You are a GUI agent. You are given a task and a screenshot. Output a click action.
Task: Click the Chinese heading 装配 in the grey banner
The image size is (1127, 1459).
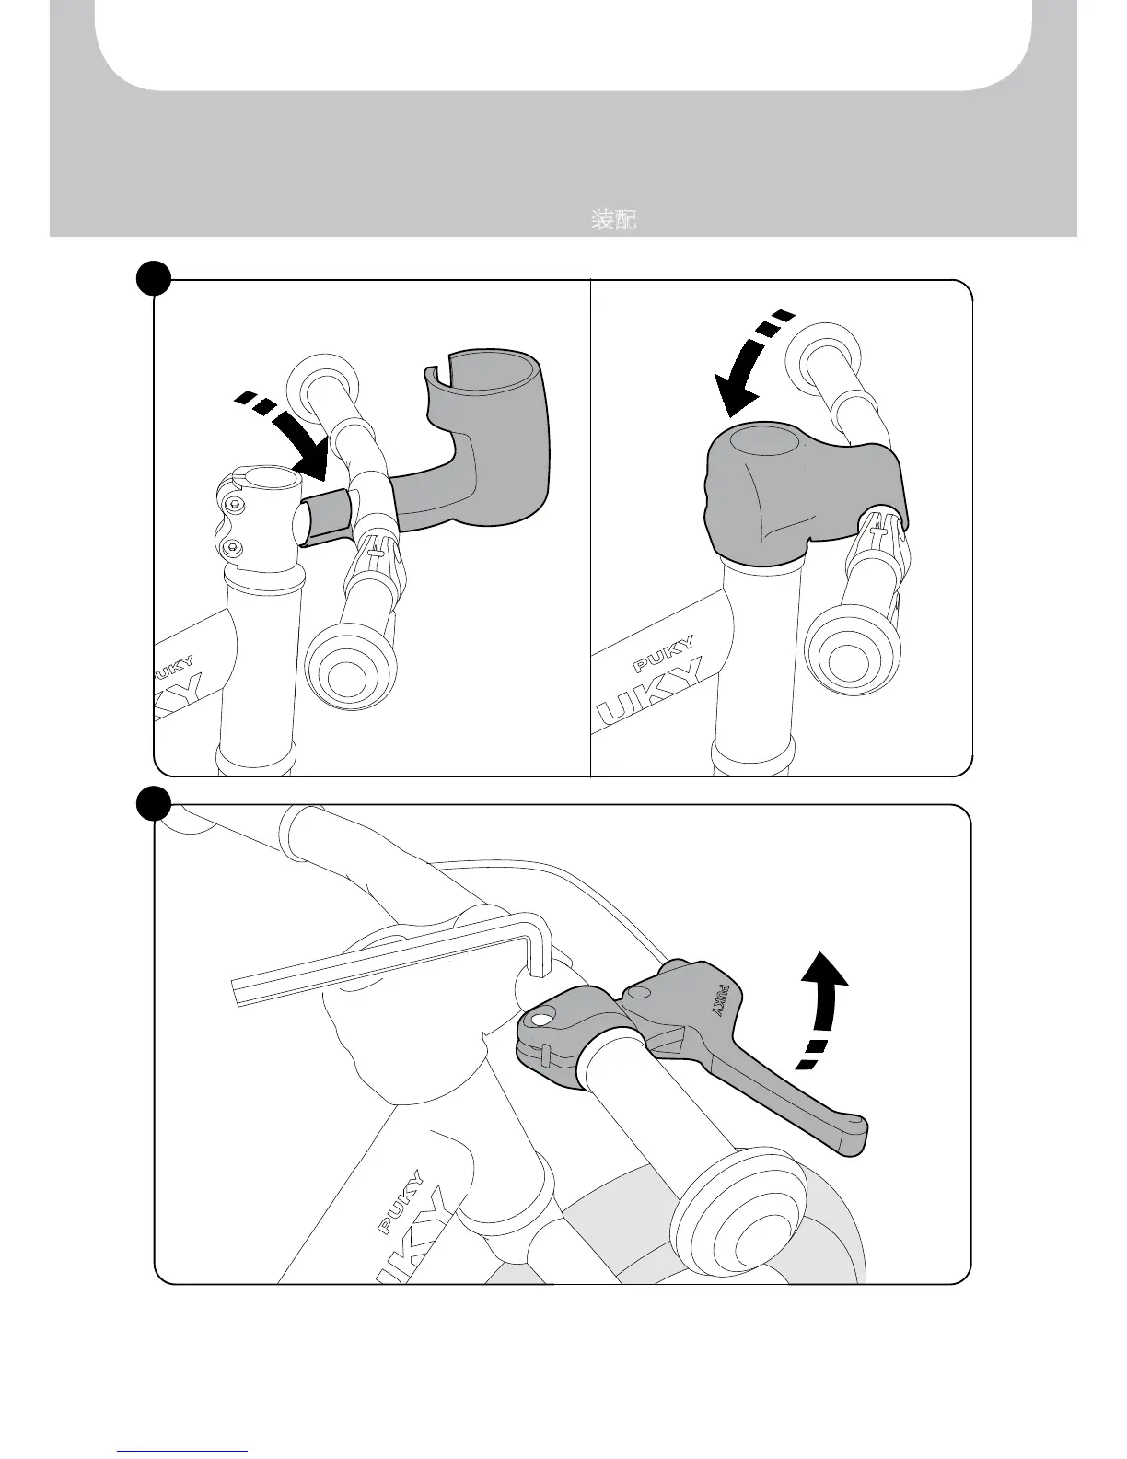613,219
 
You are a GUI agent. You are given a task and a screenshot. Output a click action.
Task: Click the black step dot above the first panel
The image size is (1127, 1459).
154,277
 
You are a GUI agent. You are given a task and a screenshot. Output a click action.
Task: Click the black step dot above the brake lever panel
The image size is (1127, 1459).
154,803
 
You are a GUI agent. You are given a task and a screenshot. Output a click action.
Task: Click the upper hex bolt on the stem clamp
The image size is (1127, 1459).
234,505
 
